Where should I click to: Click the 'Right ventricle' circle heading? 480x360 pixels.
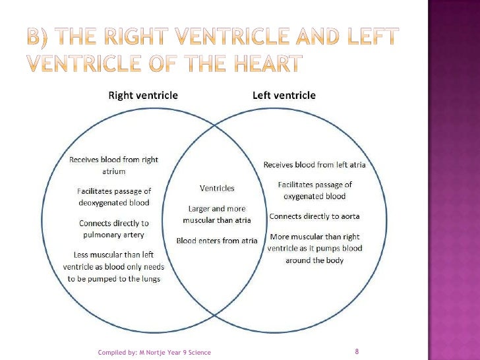tap(143, 96)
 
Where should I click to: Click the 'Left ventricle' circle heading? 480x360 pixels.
tap(284, 96)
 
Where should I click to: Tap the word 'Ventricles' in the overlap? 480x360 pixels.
tap(217, 189)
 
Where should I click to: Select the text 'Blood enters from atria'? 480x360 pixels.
tap(217, 241)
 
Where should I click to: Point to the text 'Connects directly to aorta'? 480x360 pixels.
tap(315, 216)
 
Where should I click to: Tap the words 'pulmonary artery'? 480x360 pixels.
tap(113, 235)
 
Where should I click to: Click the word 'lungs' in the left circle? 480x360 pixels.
tap(151, 279)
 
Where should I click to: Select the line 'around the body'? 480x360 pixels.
tap(315, 260)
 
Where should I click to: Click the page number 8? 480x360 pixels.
tap(357, 351)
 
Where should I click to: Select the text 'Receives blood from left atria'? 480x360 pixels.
tap(315, 165)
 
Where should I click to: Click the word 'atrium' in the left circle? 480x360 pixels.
tap(113, 171)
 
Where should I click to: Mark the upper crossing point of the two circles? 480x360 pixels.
tap(214, 125)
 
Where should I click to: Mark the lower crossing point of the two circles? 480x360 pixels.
tap(214, 315)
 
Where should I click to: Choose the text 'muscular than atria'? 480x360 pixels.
tap(217, 220)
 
